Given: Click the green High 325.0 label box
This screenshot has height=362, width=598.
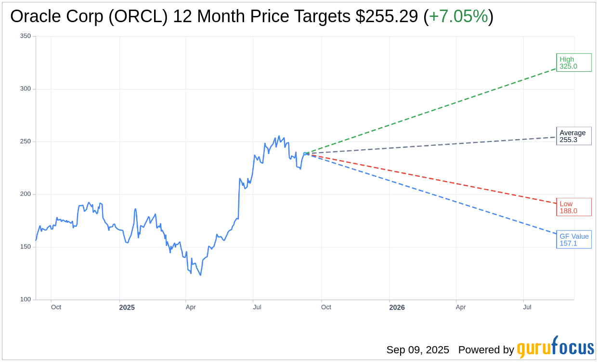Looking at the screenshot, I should [573, 63].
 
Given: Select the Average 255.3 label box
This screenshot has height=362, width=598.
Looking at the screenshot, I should [573, 136].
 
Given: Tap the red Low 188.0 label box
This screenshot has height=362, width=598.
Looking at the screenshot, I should [573, 207].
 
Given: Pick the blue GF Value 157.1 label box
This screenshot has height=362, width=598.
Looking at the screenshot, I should [573, 240].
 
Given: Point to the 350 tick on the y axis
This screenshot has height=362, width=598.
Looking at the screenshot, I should [26, 36].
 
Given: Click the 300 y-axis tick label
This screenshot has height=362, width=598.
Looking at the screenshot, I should [26, 89].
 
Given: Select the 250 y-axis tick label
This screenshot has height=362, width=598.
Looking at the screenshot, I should [26, 142].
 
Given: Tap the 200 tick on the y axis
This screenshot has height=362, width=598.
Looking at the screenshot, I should [26, 194].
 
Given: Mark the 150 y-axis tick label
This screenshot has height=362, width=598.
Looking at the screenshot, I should [26, 247].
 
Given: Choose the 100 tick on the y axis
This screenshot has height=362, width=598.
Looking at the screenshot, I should [26, 299].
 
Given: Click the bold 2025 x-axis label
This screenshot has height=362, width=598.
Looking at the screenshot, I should [127, 308].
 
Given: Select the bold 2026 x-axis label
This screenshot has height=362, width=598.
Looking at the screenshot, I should [397, 308].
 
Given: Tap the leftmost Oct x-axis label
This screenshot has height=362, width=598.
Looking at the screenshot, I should [56, 307].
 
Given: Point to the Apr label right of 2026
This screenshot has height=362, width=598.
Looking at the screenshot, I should [461, 307].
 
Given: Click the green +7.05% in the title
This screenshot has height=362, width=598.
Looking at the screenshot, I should [458, 16].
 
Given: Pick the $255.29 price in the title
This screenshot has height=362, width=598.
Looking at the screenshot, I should [387, 16].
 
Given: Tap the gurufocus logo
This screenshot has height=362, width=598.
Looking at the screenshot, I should [555, 348].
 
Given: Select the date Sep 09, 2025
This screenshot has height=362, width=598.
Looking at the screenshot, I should [417, 350].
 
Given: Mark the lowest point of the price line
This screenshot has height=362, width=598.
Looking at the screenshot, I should [200, 275].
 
